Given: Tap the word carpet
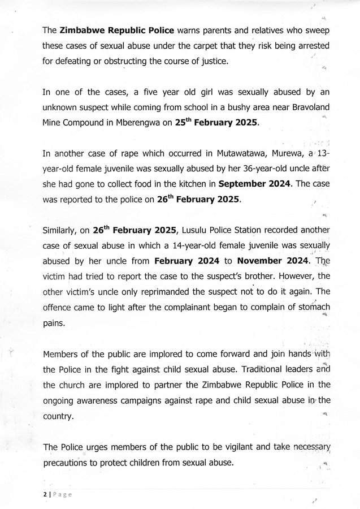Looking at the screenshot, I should point(205,42).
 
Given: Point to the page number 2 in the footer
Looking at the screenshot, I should point(44,493).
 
